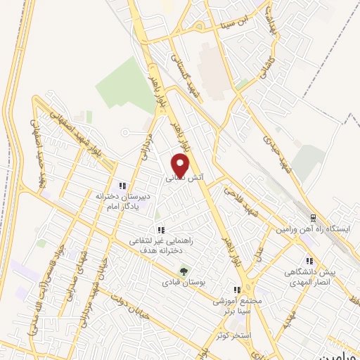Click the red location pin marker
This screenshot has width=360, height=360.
(181, 165)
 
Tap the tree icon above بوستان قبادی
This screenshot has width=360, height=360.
(184, 270)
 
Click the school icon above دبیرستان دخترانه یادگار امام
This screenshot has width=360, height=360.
(122, 186)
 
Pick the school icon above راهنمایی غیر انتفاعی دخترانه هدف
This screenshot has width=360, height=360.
(161, 229)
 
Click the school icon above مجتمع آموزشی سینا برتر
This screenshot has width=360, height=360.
(238, 290)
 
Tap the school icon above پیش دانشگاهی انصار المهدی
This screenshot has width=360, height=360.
(309, 260)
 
